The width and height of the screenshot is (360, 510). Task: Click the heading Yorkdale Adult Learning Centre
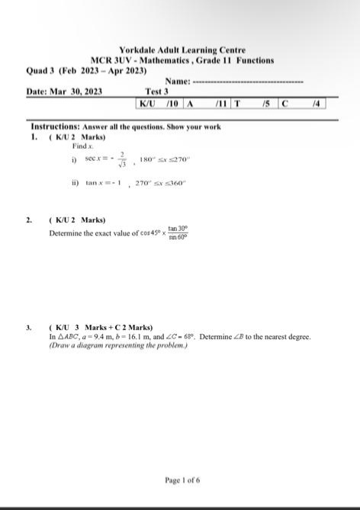point(182,50)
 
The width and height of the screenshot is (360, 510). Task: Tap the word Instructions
point(55,127)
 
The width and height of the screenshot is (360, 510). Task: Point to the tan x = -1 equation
point(104,184)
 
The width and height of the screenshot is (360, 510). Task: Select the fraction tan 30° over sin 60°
point(178,233)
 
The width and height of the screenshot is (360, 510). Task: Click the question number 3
point(29,327)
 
